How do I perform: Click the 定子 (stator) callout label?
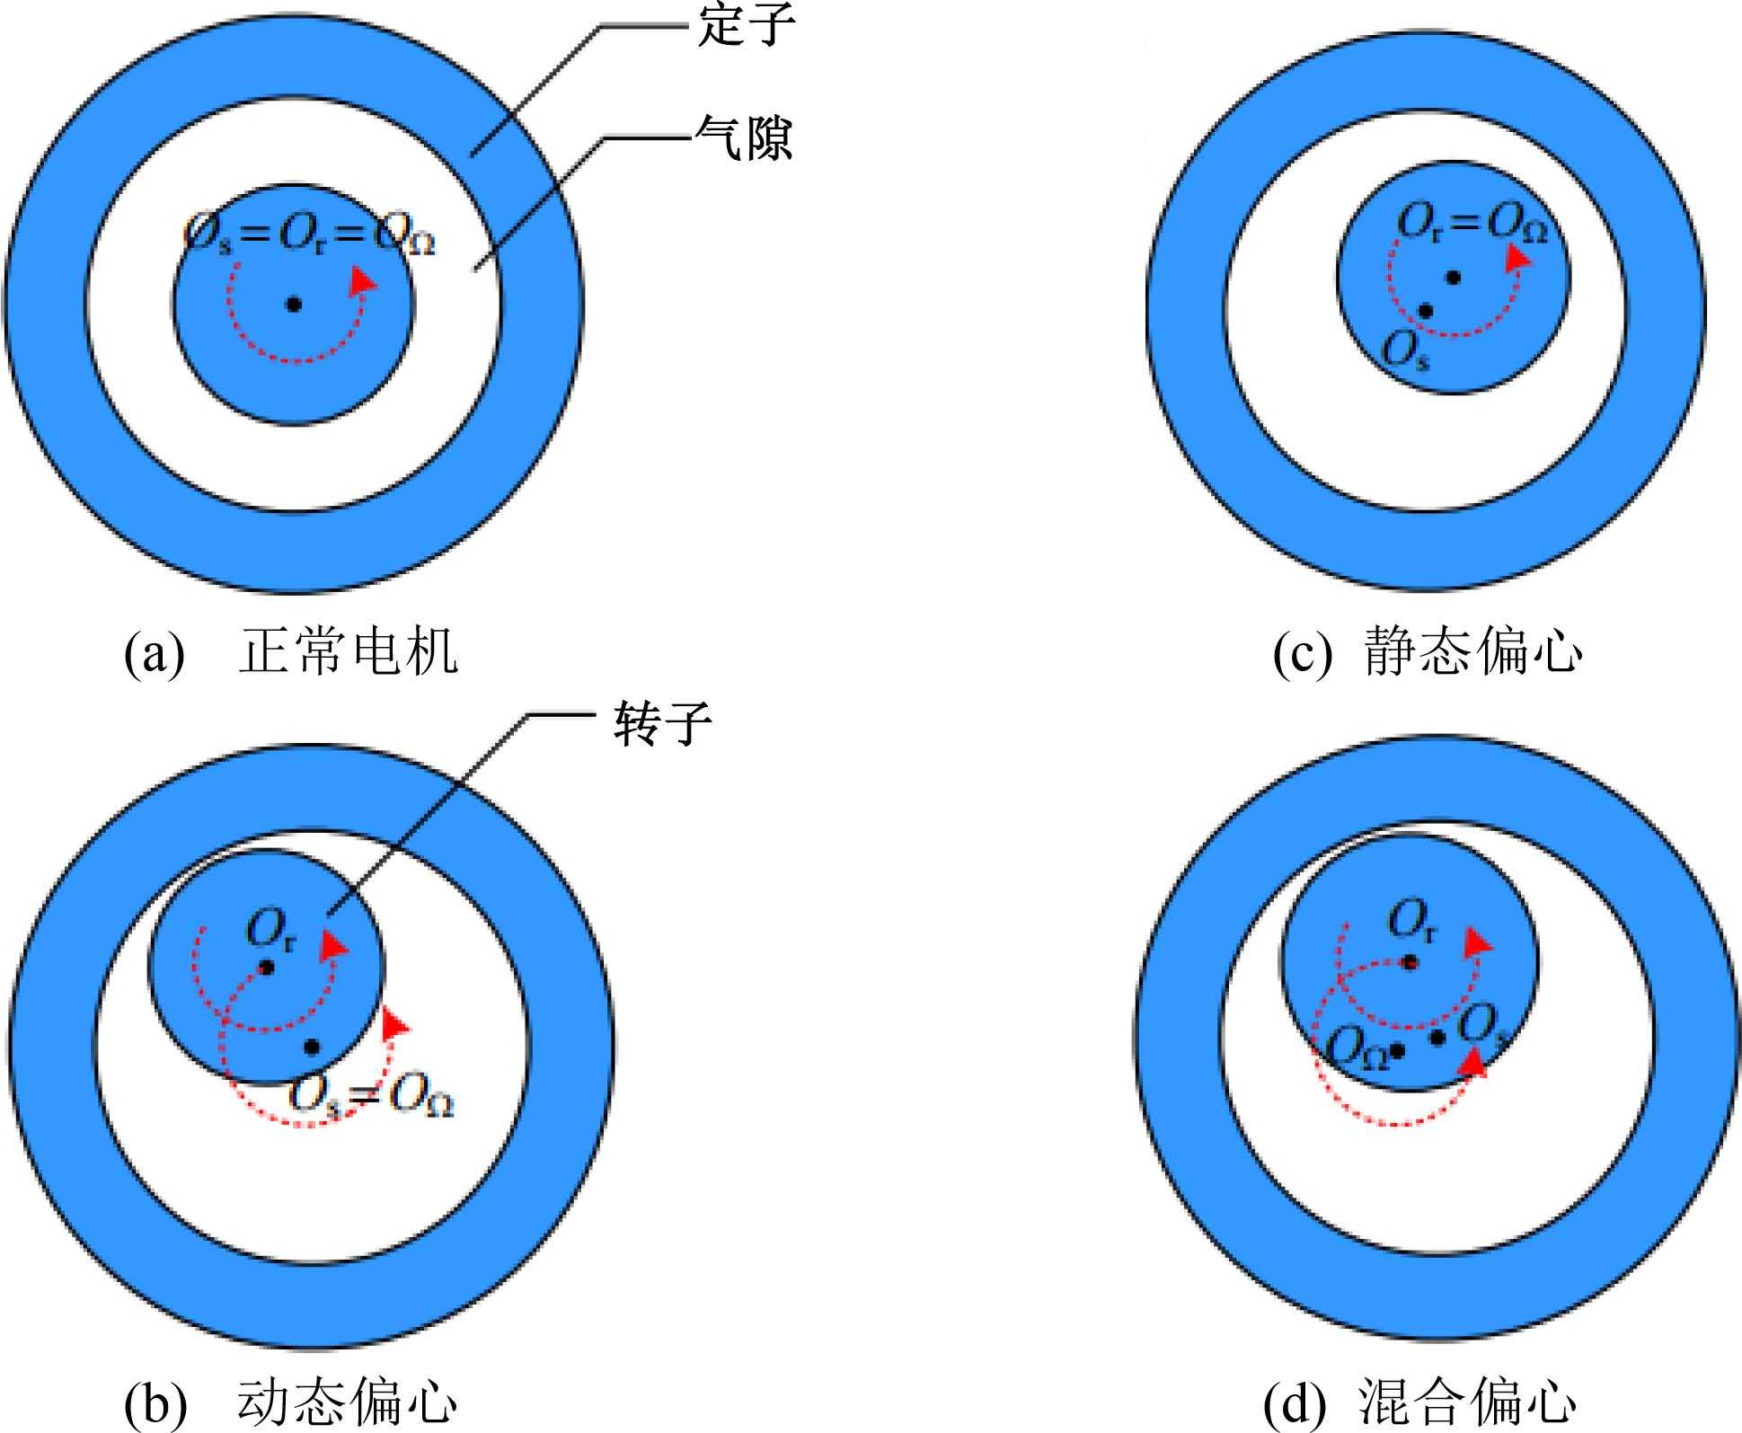(746, 24)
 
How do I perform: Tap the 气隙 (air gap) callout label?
(744, 139)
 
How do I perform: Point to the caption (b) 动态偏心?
(290, 1402)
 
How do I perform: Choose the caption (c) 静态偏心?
(1427, 651)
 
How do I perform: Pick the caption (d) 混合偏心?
(1419, 1402)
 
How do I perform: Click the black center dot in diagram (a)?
(293, 305)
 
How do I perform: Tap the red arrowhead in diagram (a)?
(363, 280)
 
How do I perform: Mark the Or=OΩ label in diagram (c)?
(1472, 223)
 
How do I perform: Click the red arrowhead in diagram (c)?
(1517, 257)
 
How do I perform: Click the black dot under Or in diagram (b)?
(266, 968)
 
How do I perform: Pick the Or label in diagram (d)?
(1411, 921)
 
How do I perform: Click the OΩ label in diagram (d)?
(1357, 1048)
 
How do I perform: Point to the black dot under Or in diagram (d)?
(1410, 963)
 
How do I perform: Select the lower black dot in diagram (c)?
(1425, 311)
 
